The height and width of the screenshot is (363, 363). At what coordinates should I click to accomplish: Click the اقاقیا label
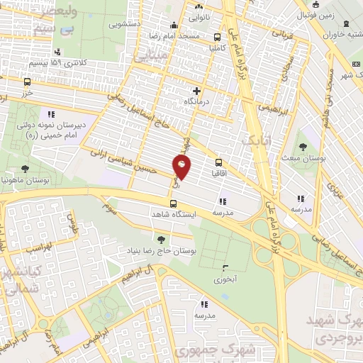tap(218, 172)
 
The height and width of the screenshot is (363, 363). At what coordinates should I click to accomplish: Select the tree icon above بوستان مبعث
tap(303, 147)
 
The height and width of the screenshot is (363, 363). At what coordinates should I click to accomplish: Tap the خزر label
tap(27, 93)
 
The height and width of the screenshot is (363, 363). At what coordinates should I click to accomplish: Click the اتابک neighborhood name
tap(252, 139)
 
